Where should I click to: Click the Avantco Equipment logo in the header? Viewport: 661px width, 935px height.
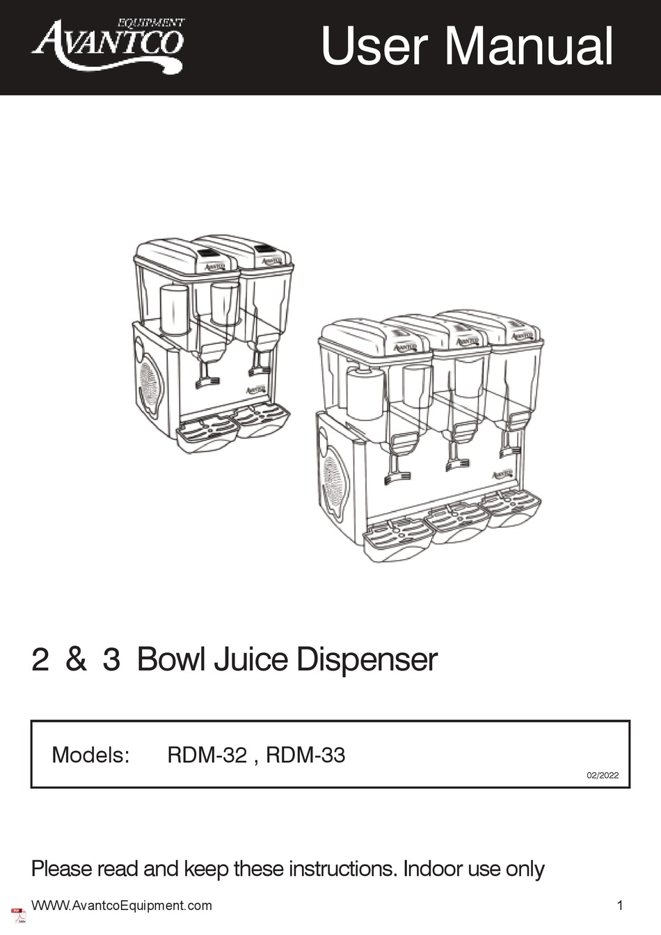108,45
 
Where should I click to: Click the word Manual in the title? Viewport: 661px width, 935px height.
529,46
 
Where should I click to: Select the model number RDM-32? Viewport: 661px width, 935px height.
207,755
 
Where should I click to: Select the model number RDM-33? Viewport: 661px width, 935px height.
305,755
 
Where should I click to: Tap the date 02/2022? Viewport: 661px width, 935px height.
603,775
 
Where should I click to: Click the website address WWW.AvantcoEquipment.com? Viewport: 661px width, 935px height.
122,906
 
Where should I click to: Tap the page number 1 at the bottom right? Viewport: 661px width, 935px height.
619,906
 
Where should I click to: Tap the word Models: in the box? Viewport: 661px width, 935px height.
90,755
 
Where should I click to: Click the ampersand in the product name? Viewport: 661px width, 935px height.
76,659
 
